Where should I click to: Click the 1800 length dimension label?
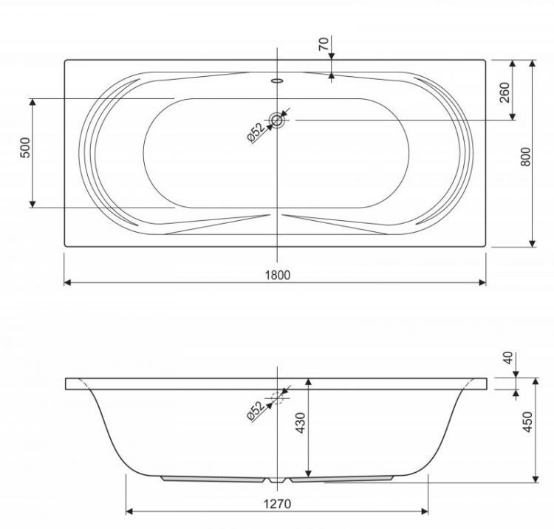[x=278, y=275]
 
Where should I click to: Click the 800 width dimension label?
[x=526, y=157]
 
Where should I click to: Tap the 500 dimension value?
[x=25, y=147]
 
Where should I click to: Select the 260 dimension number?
[x=505, y=92]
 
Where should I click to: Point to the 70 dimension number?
[x=324, y=44]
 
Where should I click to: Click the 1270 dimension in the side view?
[x=277, y=504]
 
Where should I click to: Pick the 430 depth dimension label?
[x=301, y=423]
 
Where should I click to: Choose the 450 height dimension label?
[x=527, y=421]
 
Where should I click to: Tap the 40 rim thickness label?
[x=508, y=358]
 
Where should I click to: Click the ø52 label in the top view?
[x=256, y=132]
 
